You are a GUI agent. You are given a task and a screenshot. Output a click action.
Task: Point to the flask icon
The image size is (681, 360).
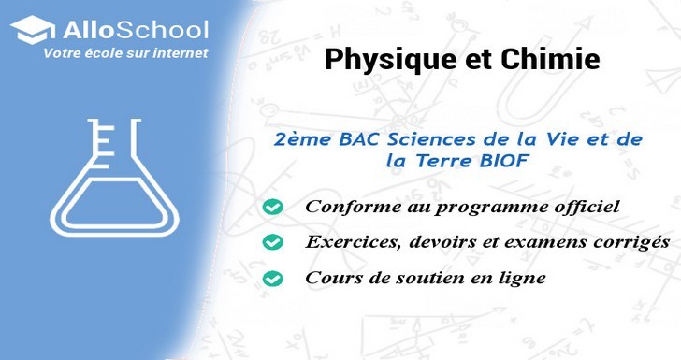(x=112, y=178)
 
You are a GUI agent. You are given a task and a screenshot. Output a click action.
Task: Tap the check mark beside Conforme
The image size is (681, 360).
(x=273, y=206)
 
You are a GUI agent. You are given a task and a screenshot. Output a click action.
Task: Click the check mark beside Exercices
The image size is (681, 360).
(x=273, y=242)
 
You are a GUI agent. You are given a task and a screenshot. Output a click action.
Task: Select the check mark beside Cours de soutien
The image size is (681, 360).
(x=273, y=279)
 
